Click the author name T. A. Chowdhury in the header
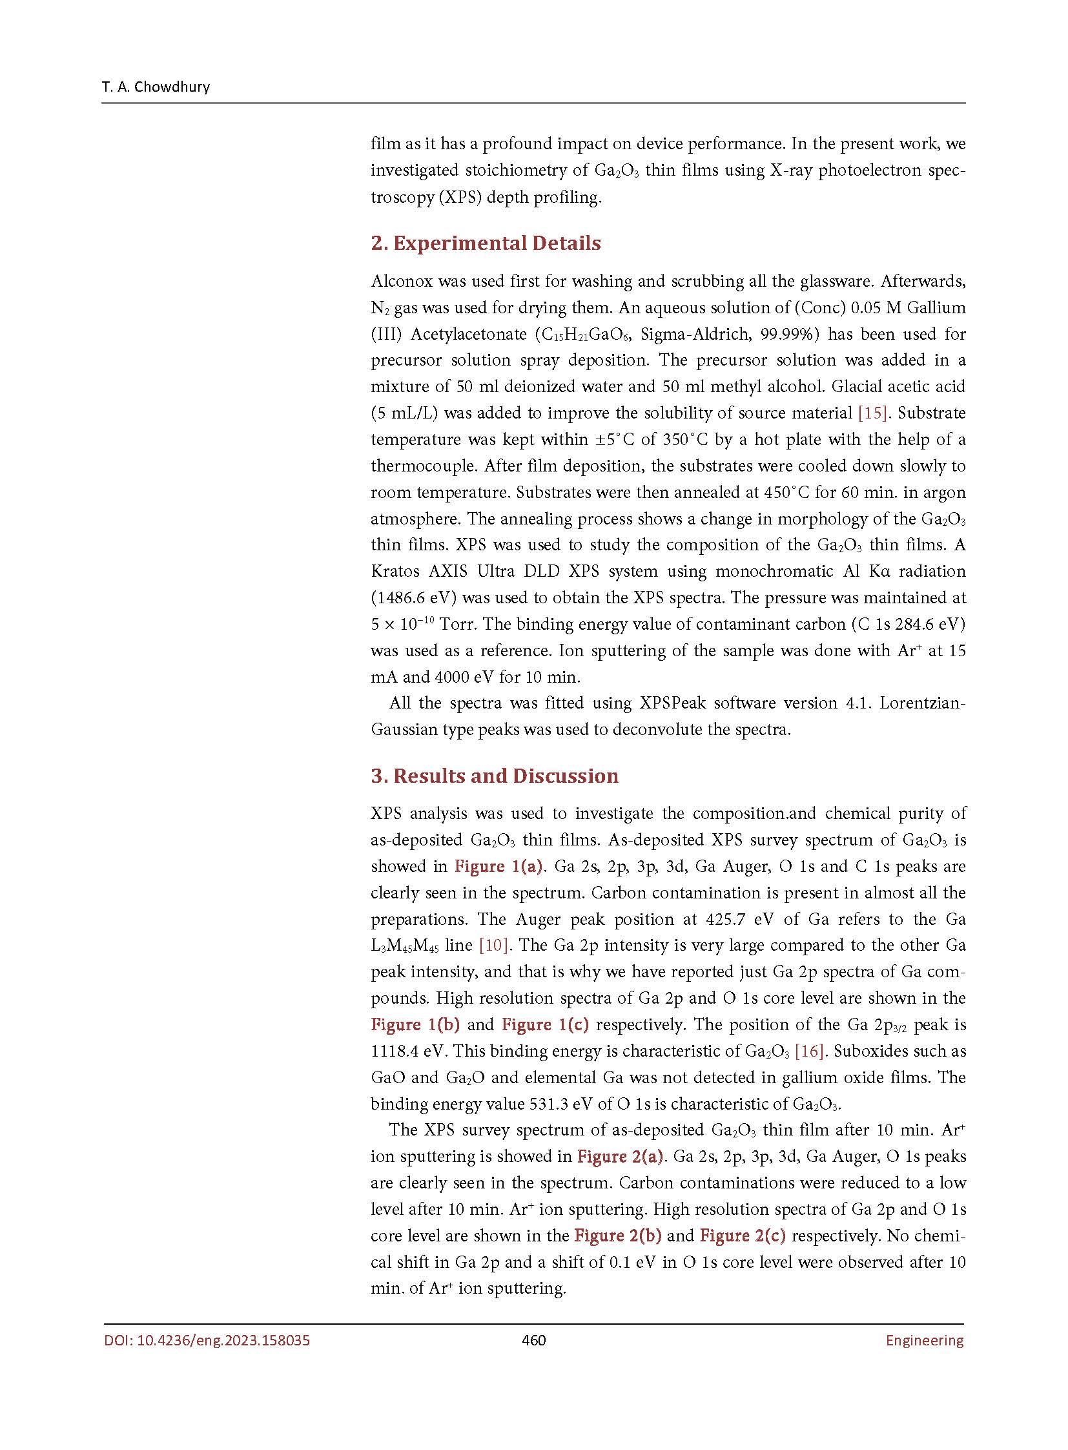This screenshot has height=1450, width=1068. (x=156, y=87)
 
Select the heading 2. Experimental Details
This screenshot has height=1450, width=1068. (x=486, y=243)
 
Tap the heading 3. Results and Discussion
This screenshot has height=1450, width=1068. (x=495, y=776)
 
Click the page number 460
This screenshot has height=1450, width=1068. (x=533, y=1340)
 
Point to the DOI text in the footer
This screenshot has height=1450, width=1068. (x=207, y=1340)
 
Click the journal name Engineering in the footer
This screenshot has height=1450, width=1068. (x=924, y=1340)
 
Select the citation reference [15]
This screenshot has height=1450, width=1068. (x=873, y=413)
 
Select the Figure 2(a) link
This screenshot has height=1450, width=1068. (x=620, y=1156)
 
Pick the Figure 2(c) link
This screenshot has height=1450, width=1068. (x=743, y=1236)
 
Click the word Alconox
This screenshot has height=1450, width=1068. (x=402, y=282)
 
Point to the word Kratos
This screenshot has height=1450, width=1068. (x=396, y=572)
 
